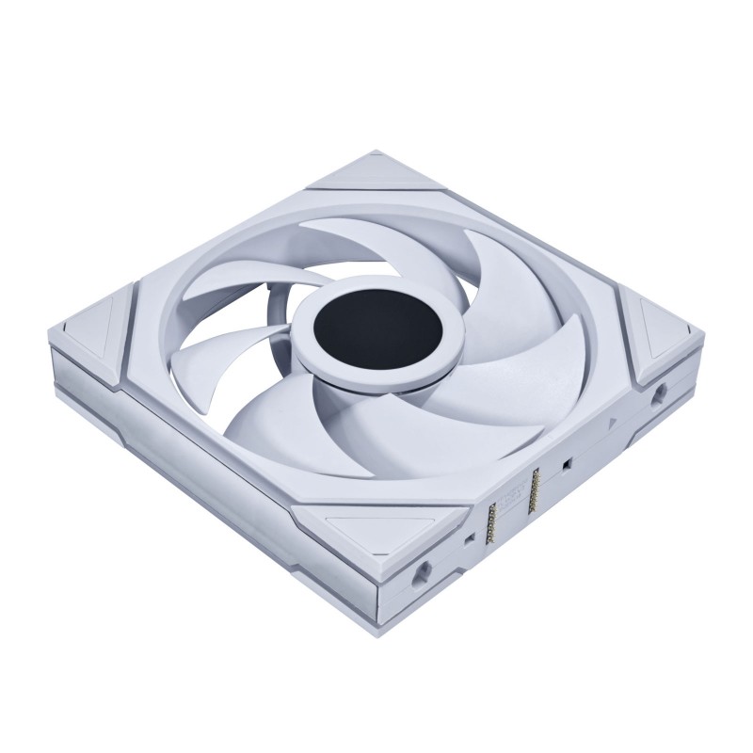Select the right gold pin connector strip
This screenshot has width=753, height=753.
point(539,484)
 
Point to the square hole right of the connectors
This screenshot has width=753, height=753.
point(569,466)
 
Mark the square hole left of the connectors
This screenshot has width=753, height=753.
point(468,539)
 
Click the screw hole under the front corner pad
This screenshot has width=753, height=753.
point(421,568)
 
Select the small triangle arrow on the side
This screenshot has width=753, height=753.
point(612,425)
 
